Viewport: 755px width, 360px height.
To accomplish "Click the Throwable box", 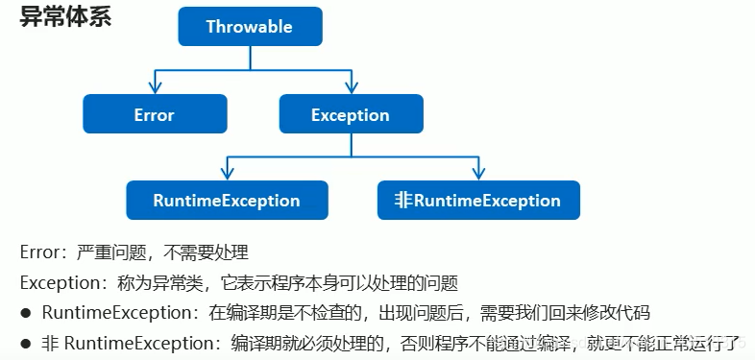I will coord(249,27).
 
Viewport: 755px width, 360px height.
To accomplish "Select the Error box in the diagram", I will coord(154,114).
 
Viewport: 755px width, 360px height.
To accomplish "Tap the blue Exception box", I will coord(350,114).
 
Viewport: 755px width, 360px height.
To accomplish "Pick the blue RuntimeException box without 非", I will coord(227,201).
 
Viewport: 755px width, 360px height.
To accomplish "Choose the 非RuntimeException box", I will coord(478,201).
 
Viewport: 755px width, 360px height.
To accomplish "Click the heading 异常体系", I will coord(65,17).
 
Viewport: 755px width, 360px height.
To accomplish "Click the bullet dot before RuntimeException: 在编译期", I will coord(27,313).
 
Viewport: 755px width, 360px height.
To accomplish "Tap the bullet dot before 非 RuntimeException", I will coord(27,343).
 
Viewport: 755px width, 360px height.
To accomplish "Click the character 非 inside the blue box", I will coord(403,201).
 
